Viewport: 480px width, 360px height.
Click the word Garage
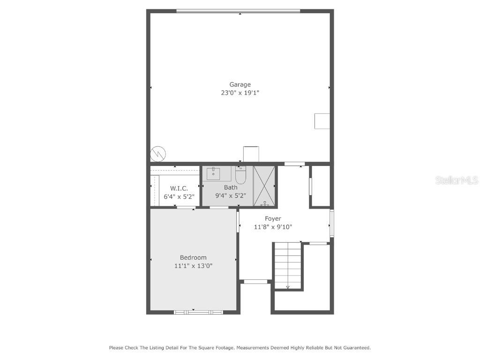[240, 85]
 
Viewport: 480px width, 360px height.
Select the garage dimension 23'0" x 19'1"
[240, 93]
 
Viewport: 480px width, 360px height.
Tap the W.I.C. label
[179, 188]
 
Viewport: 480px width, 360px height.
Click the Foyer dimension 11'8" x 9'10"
[273, 227]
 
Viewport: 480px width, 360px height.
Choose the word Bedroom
[193, 257]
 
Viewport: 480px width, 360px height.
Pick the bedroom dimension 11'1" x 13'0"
[193, 266]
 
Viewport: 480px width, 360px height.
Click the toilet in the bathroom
[240, 175]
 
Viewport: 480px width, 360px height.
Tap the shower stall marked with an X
[264, 186]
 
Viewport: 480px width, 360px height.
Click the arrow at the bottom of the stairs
[288, 287]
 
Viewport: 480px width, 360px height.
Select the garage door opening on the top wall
[238, 11]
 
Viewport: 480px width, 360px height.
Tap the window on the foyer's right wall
[331, 223]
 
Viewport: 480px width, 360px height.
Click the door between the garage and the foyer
[294, 164]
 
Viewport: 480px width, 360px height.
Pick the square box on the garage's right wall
[322, 121]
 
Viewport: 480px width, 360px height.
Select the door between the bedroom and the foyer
[238, 222]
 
